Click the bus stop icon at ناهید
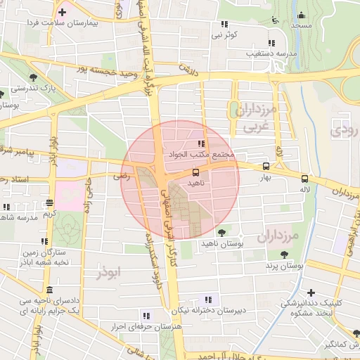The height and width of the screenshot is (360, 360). pos(195,172)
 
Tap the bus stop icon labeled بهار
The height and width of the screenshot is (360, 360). pos(265,167)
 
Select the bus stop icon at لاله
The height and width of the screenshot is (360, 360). pos(304,179)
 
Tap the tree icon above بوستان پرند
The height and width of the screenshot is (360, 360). pos(284,255)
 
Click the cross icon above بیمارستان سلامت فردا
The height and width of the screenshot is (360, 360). pos(63,12)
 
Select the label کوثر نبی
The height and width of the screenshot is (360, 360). pos(226,34)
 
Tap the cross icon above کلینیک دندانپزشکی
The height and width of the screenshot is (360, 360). pos(311,292)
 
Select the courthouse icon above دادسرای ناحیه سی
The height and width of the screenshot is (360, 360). pos(49,290)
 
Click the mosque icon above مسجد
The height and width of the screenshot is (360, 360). pos(302,15)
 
